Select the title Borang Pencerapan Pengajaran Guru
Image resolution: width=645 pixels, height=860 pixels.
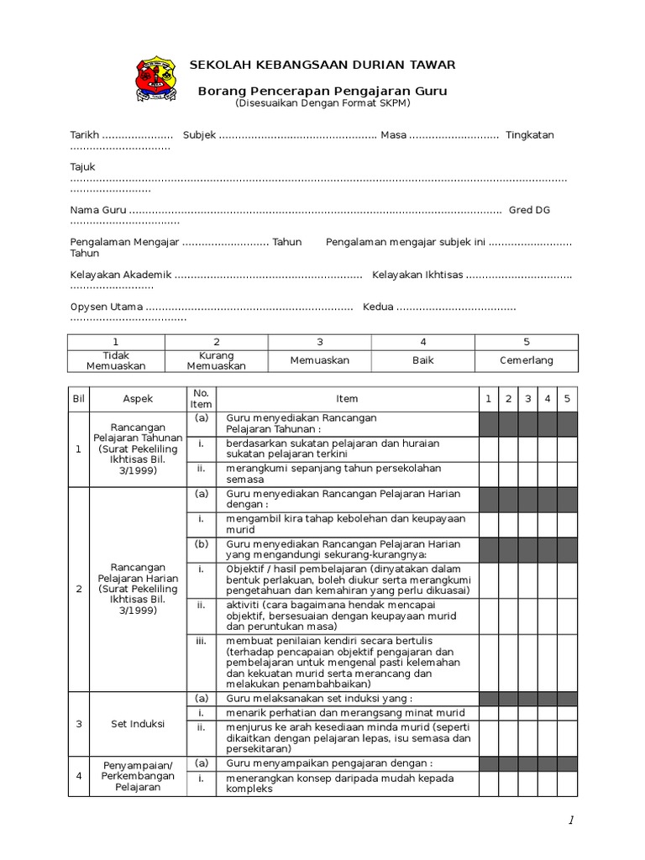pyautogui.click(x=322, y=91)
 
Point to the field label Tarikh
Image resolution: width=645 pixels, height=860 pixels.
pyautogui.click(x=85, y=135)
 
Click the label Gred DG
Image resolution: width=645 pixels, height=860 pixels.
pyautogui.click(x=529, y=210)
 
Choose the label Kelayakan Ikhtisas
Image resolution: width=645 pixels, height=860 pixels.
pyautogui.click(x=417, y=275)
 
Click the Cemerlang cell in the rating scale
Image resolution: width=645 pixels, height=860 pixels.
pyautogui.click(x=527, y=360)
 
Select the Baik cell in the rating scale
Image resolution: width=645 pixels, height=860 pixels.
pyautogui.click(x=422, y=360)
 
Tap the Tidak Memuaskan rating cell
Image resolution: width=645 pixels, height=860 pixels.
pyautogui.click(x=116, y=360)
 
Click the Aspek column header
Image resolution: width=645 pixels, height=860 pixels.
pyautogui.click(x=138, y=399)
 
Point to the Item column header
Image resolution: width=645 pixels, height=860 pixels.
pyautogui.click(x=347, y=399)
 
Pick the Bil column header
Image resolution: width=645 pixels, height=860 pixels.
pyautogui.click(x=78, y=399)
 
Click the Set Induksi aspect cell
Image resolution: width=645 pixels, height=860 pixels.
pyautogui.click(x=138, y=724)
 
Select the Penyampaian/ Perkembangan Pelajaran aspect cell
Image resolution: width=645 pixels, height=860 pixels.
pyautogui.click(x=138, y=776)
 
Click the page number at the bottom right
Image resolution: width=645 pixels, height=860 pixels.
pyautogui.click(x=571, y=821)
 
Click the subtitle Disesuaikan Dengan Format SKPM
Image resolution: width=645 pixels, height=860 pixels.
pyautogui.click(x=322, y=102)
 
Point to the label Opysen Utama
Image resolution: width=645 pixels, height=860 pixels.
pyautogui.click(x=106, y=307)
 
